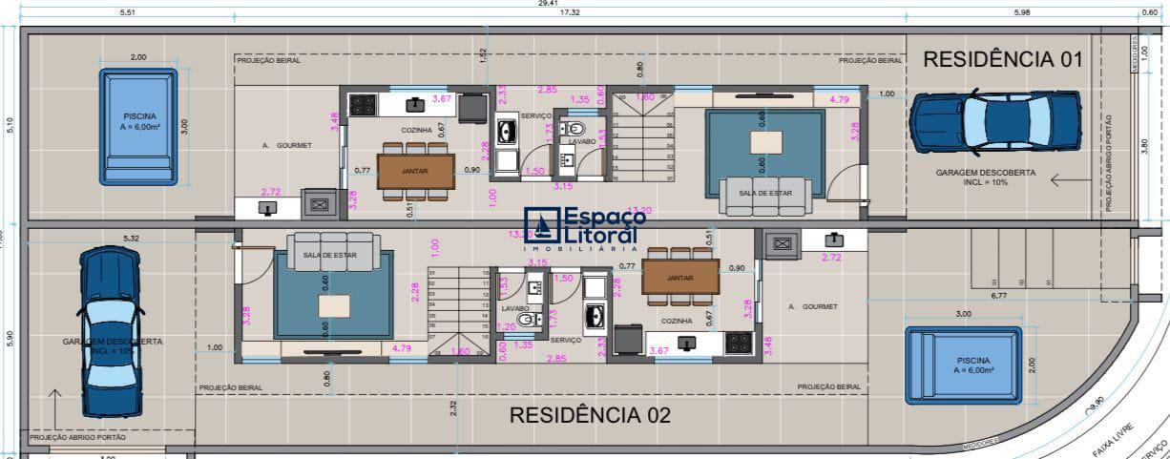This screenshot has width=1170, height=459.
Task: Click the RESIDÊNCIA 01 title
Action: pos(1002,59)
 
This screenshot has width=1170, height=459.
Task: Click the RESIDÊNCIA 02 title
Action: pos(590,415)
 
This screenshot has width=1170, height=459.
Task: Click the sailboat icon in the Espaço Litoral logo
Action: pos(543,227)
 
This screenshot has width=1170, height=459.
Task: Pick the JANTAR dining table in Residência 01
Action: pos(414,171)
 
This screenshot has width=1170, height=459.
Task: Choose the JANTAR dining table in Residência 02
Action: pos(679,277)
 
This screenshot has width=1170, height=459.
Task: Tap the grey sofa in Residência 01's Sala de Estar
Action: pos(765,195)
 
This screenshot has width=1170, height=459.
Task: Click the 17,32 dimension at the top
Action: pos(571,13)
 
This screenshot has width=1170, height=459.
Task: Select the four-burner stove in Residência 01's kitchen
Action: pos(363,104)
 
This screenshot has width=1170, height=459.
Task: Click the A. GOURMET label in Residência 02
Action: pos(812,306)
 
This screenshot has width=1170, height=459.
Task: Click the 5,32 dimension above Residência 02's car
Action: pos(131,238)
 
